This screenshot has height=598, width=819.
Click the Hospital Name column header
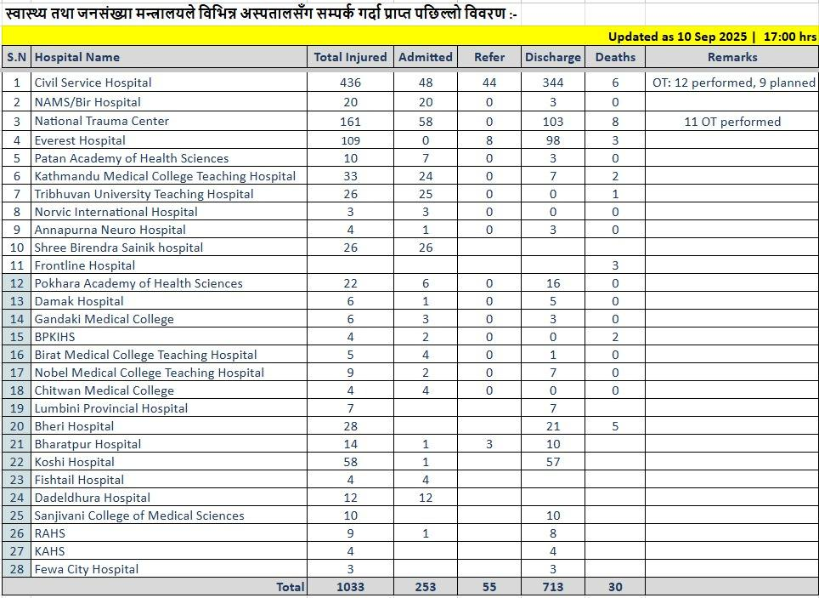point(77,57)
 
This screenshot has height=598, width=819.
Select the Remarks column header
point(731,57)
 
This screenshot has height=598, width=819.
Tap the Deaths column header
point(615,57)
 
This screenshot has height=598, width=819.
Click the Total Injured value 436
point(349,83)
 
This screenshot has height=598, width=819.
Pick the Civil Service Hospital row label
point(93,83)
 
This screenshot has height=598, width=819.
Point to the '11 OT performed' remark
point(731,122)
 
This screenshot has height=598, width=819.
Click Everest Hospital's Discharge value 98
point(553,140)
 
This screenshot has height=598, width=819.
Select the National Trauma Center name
point(101,121)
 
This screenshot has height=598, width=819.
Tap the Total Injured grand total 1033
point(349,587)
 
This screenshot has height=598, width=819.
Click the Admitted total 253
point(425,587)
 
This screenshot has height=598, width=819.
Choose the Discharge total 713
point(553,587)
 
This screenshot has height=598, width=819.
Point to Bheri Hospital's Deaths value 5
point(615,426)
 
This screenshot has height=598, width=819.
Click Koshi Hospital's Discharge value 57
point(553,462)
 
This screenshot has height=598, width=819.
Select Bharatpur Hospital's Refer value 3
point(489,444)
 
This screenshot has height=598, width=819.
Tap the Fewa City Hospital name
point(86,569)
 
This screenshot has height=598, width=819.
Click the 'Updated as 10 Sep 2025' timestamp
point(677,37)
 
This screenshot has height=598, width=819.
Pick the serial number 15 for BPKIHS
point(16,337)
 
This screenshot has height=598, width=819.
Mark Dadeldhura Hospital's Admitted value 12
point(425,498)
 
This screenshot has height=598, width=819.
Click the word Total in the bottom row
point(290,587)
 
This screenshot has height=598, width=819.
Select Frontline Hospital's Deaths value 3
point(615,265)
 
